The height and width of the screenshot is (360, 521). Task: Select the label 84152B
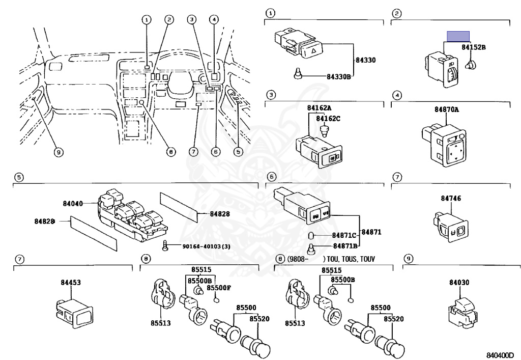[x=474, y=47]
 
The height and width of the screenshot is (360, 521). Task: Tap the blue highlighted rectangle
[x=458, y=36]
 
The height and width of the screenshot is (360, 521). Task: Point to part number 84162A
[x=319, y=108]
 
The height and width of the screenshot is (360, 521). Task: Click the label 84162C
[x=328, y=119]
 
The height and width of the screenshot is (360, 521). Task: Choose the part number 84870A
[x=446, y=109]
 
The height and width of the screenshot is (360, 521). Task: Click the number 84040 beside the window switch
[x=73, y=203]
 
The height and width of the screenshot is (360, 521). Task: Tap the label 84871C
[x=344, y=236]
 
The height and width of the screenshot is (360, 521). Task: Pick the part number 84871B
[x=344, y=246]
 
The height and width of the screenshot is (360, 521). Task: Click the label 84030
[x=459, y=282]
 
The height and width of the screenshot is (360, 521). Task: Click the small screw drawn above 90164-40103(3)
[x=165, y=245]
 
